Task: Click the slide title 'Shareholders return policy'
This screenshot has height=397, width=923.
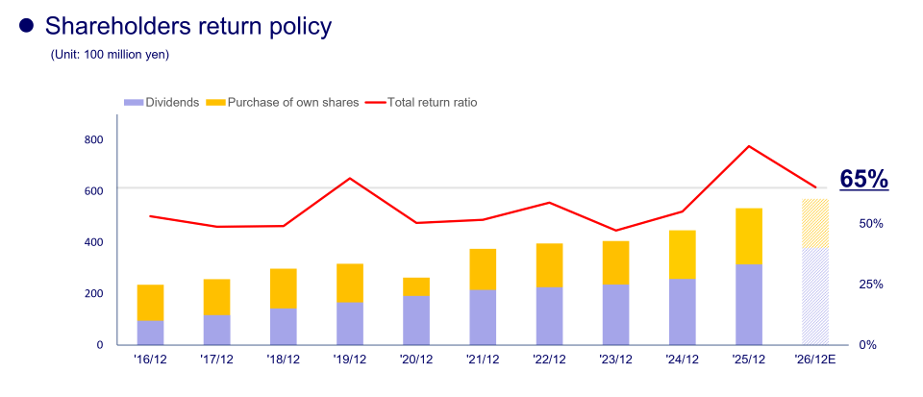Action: tap(188, 26)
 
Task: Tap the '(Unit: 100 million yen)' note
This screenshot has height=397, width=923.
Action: tap(110, 55)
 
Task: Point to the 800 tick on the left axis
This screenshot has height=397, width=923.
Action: tap(93, 139)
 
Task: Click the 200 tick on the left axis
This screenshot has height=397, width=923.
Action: tap(93, 293)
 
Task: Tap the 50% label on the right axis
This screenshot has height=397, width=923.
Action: tap(871, 223)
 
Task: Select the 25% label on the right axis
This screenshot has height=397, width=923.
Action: tap(871, 285)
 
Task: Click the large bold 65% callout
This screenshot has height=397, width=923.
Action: tap(863, 179)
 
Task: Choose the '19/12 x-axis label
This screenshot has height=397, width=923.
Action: tap(349, 361)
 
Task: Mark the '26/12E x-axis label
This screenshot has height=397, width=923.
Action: tap(814, 361)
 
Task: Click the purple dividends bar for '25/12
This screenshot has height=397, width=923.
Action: tap(748, 304)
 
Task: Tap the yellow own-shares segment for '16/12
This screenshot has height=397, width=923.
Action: tap(150, 302)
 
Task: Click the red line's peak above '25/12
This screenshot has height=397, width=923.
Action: tap(748, 146)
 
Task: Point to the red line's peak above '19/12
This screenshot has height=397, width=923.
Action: tap(350, 179)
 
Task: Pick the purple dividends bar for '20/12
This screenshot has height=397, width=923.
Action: tap(416, 319)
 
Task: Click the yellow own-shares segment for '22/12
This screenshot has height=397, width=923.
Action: tap(549, 265)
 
